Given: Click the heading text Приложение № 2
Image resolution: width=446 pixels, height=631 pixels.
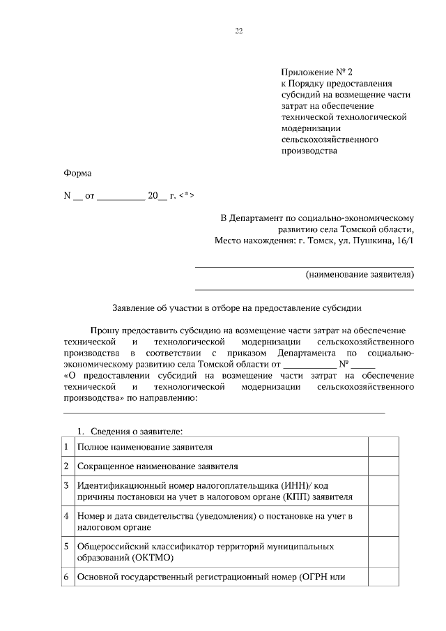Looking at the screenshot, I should (x=313, y=72).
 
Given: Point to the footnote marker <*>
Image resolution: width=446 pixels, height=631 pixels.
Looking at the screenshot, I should (x=187, y=196).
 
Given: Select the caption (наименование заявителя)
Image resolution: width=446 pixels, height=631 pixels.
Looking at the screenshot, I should (x=360, y=275).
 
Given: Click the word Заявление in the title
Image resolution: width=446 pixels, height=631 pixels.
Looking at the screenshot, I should (x=134, y=307).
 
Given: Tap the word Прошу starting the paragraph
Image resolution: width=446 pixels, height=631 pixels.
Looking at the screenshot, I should (x=104, y=330).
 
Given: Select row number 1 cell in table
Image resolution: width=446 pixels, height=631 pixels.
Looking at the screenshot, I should (x=66, y=446).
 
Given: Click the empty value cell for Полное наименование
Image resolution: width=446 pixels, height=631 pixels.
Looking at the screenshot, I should (x=383, y=446).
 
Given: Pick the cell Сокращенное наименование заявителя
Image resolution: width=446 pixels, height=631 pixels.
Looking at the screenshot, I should (x=158, y=466).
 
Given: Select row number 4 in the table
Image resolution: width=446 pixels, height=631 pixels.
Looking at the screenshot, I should (x=66, y=516).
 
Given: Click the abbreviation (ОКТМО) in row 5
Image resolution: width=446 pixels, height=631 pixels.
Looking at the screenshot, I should (x=150, y=558).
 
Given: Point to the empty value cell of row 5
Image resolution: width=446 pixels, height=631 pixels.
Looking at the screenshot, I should (x=383, y=552).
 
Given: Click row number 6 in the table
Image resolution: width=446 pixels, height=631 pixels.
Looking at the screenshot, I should (x=66, y=577).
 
